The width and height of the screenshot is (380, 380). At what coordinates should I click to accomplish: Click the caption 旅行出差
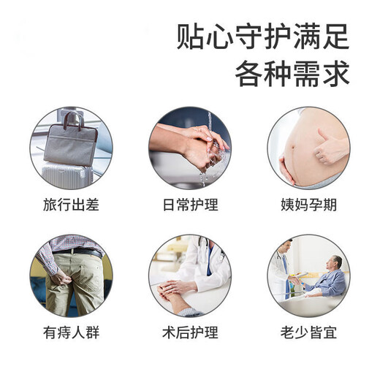point(71,204)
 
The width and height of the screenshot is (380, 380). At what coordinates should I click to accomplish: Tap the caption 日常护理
point(189,204)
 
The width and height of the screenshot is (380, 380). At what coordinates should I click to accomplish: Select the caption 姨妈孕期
point(308,204)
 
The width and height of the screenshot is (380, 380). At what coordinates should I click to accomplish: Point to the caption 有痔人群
point(71,333)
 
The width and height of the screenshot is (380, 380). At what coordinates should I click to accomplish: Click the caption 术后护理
point(189,333)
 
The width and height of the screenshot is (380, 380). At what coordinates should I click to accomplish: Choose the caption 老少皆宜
point(308,333)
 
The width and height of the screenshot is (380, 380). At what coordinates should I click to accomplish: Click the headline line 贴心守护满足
point(264,36)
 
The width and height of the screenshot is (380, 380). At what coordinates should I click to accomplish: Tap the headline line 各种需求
point(292,73)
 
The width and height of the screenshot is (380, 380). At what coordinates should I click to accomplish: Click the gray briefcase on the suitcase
point(73,142)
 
